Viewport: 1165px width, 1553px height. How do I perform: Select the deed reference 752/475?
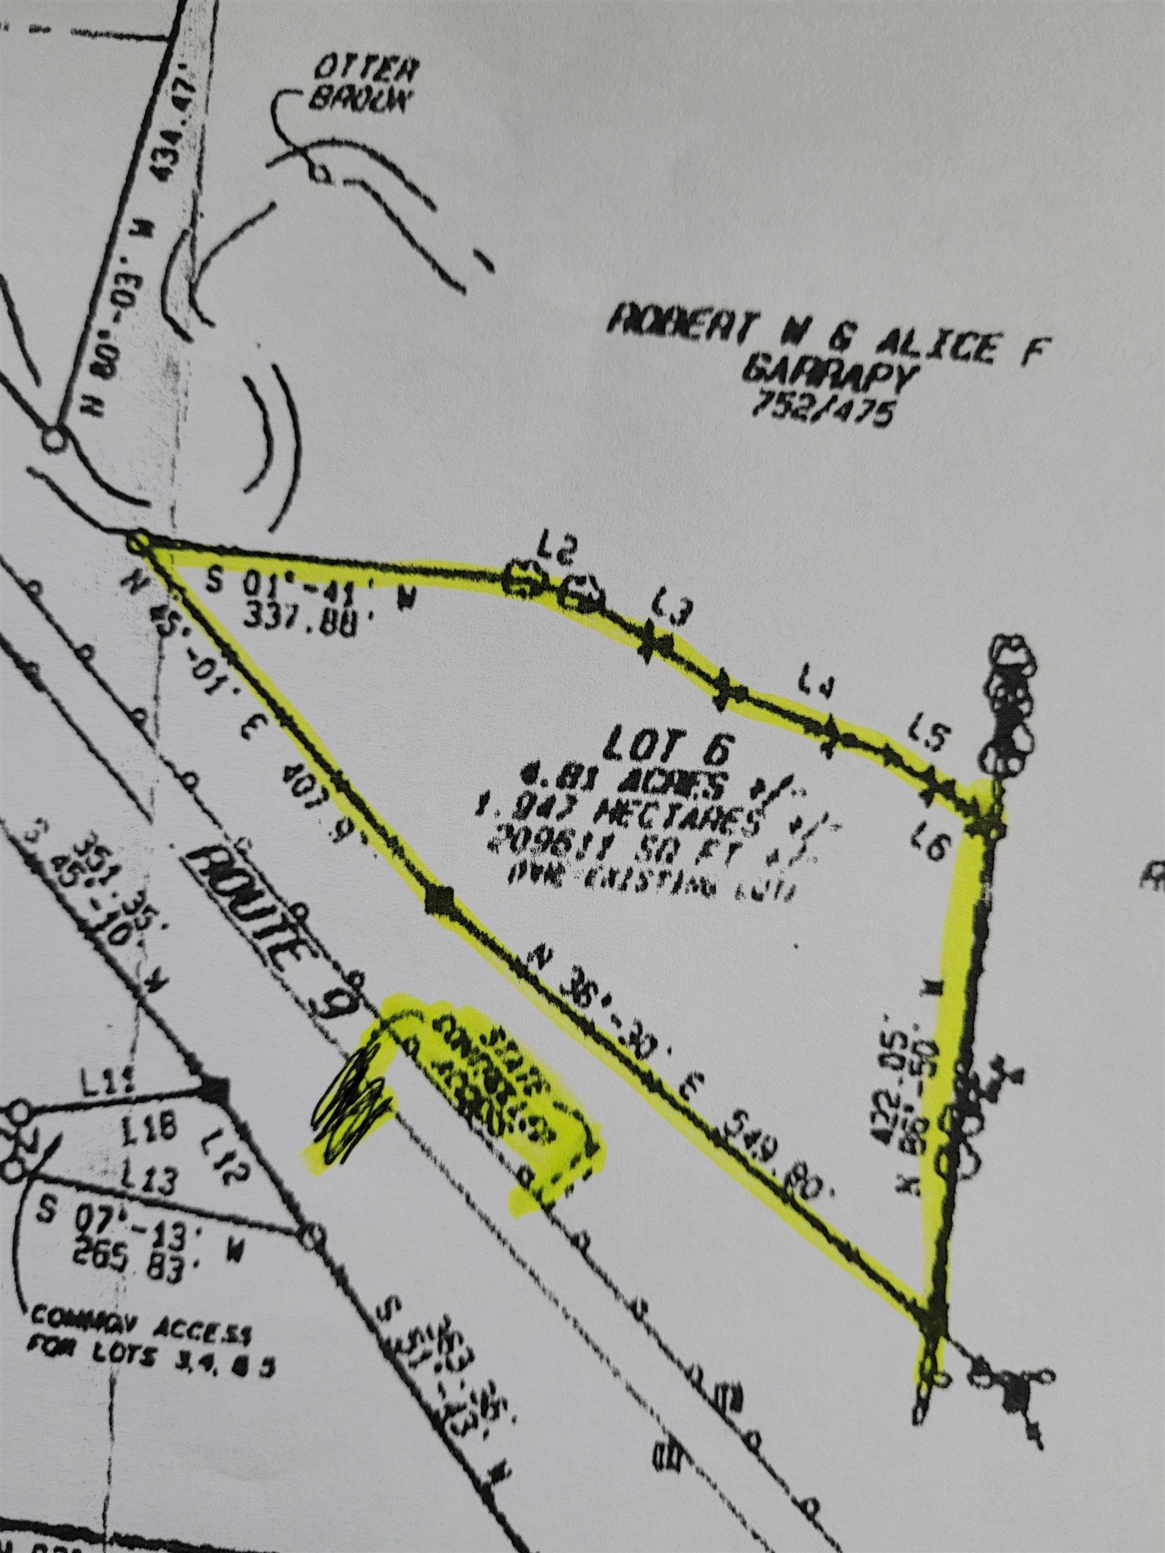pos(823,409)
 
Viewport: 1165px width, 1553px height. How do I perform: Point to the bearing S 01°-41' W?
pos(309,588)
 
